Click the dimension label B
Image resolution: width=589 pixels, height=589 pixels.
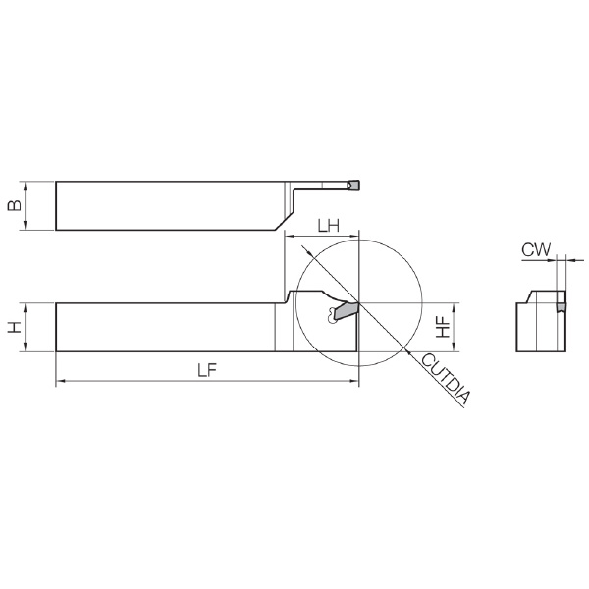click(x=15, y=205)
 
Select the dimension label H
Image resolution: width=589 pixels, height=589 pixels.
click(x=15, y=327)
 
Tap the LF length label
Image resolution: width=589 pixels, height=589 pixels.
click(x=208, y=371)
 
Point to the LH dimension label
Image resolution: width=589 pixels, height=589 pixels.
click(x=329, y=226)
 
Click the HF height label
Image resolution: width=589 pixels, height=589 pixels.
click(x=444, y=327)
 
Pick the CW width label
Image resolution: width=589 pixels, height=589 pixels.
click(x=536, y=249)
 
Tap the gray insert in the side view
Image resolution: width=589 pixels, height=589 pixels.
click(x=347, y=311)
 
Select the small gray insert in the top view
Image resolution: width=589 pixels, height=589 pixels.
click(x=353, y=185)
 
